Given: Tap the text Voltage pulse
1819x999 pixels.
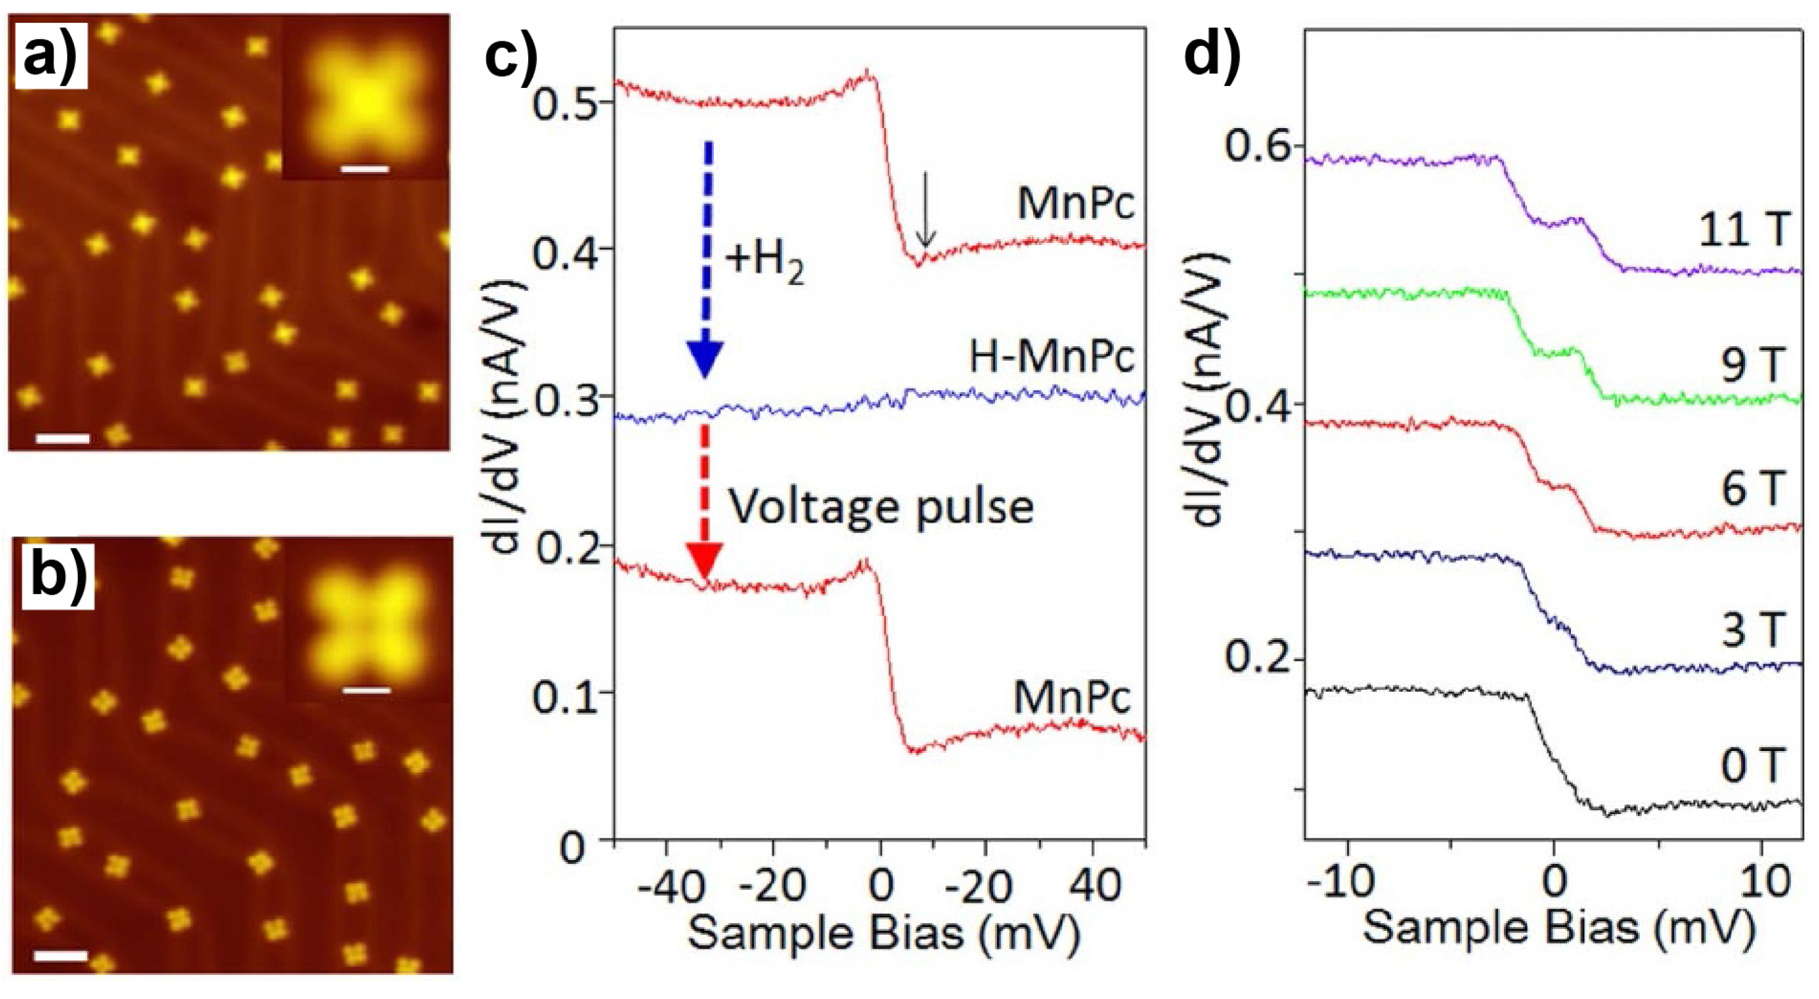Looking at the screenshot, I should point(880,506).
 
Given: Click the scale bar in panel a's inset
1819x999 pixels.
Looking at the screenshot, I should point(364,170).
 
